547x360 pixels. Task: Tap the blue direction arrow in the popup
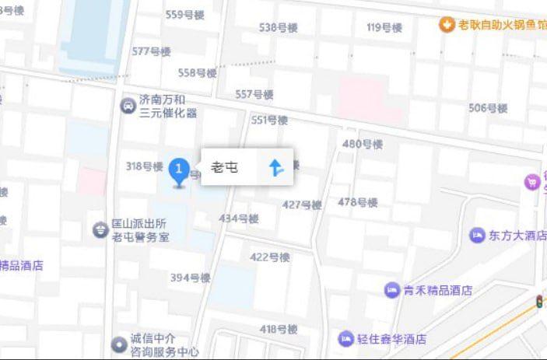pyautogui.click(x=275, y=166)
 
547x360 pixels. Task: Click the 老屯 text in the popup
pyautogui.click(x=226, y=167)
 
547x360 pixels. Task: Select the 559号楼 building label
pyautogui.click(x=184, y=14)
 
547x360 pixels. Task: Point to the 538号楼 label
pyautogui.click(x=279, y=28)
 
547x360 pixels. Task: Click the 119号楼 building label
pyautogui.click(x=384, y=28)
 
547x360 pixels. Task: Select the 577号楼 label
pyautogui.click(x=151, y=51)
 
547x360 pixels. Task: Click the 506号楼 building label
pyautogui.click(x=488, y=108)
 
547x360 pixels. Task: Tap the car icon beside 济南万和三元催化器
pyautogui.click(x=126, y=105)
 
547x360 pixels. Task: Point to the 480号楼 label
pyautogui.click(x=363, y=144)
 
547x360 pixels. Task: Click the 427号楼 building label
pyautogui.click(x=302, y=205)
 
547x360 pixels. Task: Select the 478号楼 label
pyautogui.click(x=358, y=203)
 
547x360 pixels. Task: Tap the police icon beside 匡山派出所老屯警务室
pyautogui.click(x=100, y=229)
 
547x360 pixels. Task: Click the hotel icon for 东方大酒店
pyautogui.click(x=476, y=235)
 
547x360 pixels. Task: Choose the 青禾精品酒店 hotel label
pyautogui.click(x=438, y=291)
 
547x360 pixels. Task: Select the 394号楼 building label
pyautogui.click(x=191, y=278)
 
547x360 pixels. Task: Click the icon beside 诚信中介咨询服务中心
pyautogui.click(x=117, y=343)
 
